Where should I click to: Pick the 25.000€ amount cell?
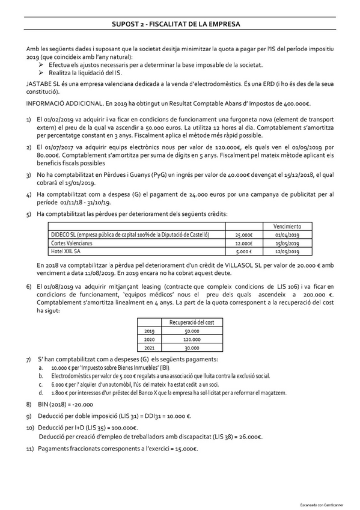click(x=244, y=235)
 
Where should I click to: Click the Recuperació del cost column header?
click(x=192, y=322)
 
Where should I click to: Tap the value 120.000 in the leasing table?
click(x=192, y=339)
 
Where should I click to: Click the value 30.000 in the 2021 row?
click(x=192, y=348)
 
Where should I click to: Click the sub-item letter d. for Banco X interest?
click(x=40, y=393)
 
